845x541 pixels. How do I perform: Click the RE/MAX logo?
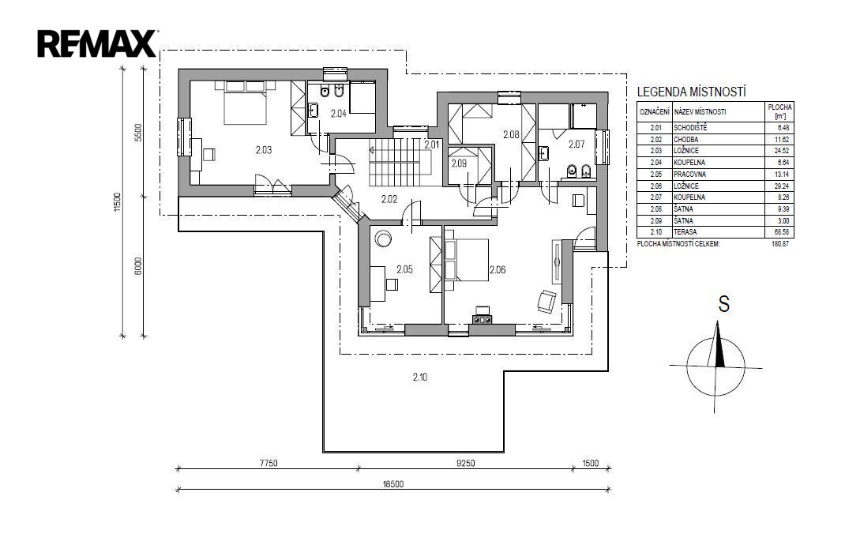click(x=97, y=43)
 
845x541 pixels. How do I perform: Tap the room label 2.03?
click(x=264, y=150)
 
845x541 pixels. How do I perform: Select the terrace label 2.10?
click(x=420, y=378)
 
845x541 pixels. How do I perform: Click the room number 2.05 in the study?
click(x=404, y=269)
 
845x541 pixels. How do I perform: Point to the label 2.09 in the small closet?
click(x=459, y=163)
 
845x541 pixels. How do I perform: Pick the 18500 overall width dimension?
click(x=393, y=484)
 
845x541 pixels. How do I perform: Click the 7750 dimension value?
click(x=269, y=463)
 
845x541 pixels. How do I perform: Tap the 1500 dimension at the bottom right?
click(x=591, y=463)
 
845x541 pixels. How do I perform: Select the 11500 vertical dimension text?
click(x=118, y=203)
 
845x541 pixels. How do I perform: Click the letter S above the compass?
click(x=723, y=304)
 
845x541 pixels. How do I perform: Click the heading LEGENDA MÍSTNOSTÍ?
click(x=692, y=92)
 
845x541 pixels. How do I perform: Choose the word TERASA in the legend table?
click(x=685, y=232)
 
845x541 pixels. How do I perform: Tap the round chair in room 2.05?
click(x=384, y=238)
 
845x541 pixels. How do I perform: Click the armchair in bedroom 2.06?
click(x=547, y=301)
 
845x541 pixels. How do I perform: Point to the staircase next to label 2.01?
click(x=400, y=161)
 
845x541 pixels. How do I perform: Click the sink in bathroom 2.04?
click(x=313, y=111)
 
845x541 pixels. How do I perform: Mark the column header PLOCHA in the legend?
click(x=779, y=107)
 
